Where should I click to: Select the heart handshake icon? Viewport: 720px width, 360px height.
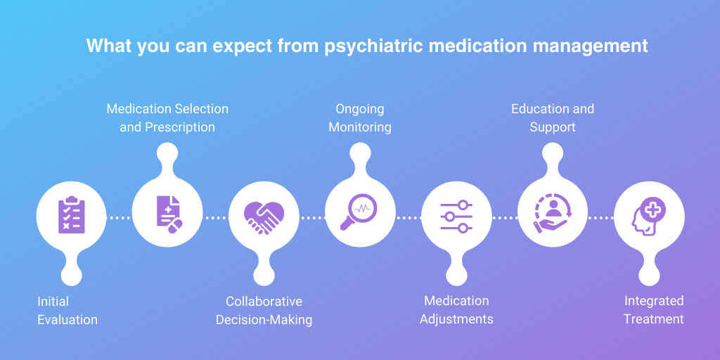(264, 217)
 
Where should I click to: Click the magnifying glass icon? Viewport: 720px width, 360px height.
(359, 212)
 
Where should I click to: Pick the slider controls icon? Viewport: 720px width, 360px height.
(456, 217)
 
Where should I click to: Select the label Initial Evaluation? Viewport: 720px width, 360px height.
(67, 311)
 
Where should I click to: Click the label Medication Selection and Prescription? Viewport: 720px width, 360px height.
(167, 118)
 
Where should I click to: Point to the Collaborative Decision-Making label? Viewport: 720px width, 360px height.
(264, 311)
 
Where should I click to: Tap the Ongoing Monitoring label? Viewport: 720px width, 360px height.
(359, 118)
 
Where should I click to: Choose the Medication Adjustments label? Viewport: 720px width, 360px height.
(456, 310)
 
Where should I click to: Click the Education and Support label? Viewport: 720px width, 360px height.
(553, 118)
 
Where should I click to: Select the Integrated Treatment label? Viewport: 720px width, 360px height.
(654, 310)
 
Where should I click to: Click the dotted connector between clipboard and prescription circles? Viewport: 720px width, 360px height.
(119, 218)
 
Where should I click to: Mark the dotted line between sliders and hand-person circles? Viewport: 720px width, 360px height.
(504, 218)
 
